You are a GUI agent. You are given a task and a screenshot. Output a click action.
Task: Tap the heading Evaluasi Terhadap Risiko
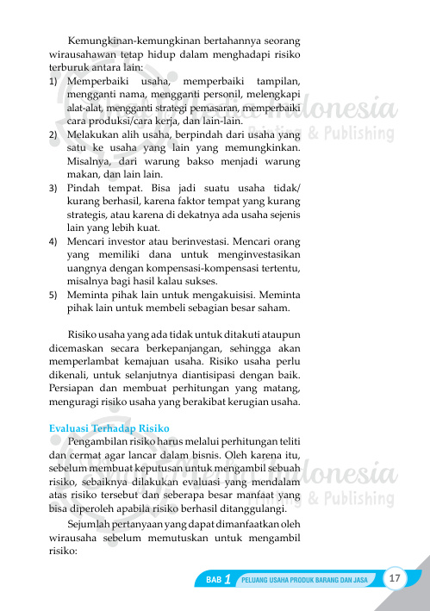109,429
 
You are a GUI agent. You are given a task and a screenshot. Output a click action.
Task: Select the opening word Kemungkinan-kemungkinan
123,41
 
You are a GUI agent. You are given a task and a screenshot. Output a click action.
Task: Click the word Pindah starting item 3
85,188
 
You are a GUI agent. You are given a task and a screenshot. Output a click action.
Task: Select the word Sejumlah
90,523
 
